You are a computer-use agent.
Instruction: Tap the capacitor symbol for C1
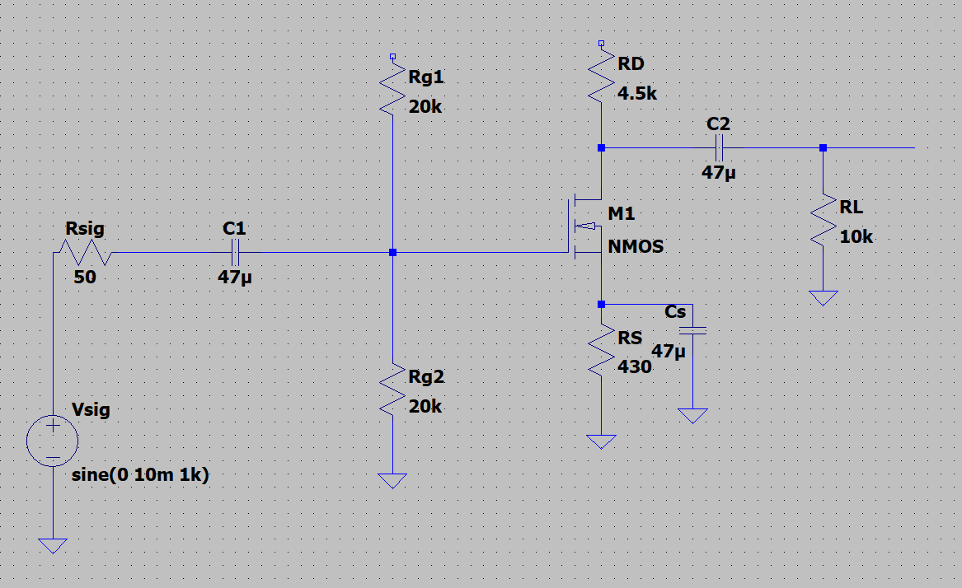(236, 252)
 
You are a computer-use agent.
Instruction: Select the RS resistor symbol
(603, 352)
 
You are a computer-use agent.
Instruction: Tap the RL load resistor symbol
(822, 222)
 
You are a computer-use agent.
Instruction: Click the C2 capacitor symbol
(718, 148)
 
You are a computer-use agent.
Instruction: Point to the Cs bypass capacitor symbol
(692, 330)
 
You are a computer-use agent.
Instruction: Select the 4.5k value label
(637, 94)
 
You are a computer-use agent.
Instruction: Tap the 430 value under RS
(634, 367)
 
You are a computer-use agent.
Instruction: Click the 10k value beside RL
(856, 237)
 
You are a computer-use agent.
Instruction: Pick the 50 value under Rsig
(85, 278)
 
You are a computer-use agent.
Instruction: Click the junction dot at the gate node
(393, 252)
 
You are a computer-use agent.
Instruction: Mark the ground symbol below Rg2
(393, 480)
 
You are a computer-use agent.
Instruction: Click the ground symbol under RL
(822, 297)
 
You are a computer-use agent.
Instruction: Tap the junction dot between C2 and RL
(822, 148)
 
